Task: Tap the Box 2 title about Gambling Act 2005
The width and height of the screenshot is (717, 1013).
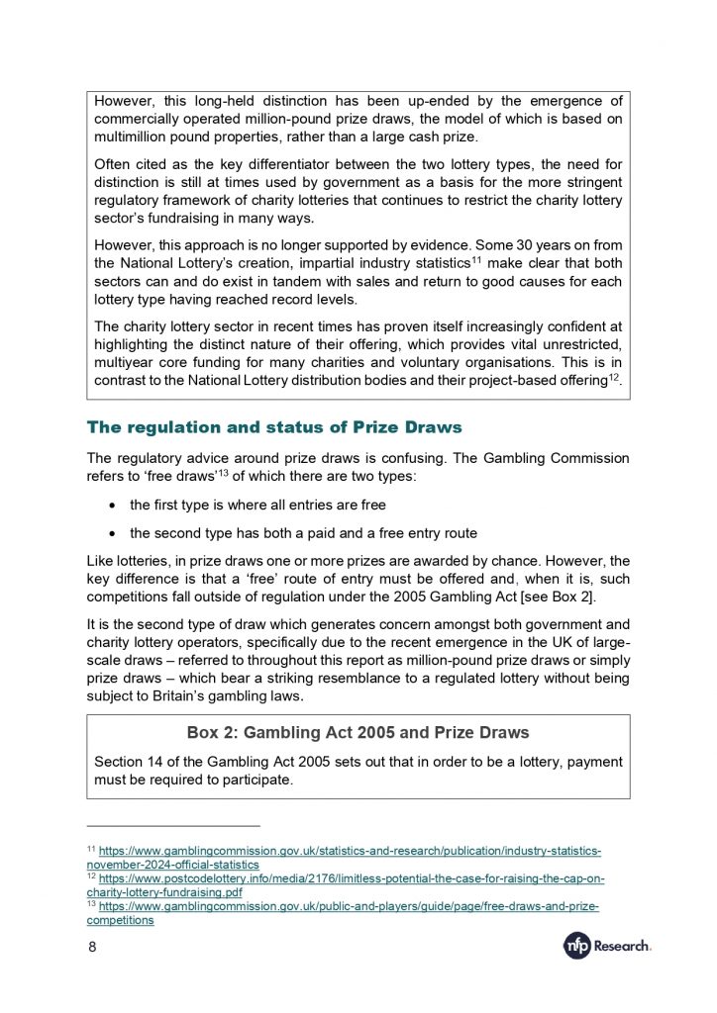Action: (358, 733)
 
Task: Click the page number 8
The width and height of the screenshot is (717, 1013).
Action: (92, 949)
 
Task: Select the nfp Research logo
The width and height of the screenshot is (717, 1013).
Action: (607, 947)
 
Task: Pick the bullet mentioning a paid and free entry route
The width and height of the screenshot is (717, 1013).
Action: (303, 532)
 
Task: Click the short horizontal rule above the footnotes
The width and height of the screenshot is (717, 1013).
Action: (173, 826)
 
